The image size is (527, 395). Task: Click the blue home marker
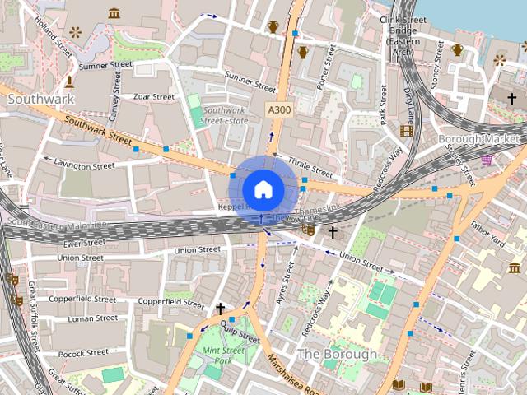(x=263, y=189)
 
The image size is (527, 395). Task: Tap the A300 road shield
(x=278, y=109)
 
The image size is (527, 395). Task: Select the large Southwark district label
(x=40, y=99)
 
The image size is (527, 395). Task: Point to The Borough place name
(x=337, y=354)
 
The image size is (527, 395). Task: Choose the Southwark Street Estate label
(x=226, y=115)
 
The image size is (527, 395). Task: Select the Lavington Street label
(x=84, y=165)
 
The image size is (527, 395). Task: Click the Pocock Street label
(x=83, y=352)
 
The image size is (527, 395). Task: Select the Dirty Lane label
(x=408, y=100)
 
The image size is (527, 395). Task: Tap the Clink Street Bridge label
(x=403, y=34)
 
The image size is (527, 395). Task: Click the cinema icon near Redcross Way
(x=406, y=130)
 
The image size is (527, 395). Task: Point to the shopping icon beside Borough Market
(x=487, y=159)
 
